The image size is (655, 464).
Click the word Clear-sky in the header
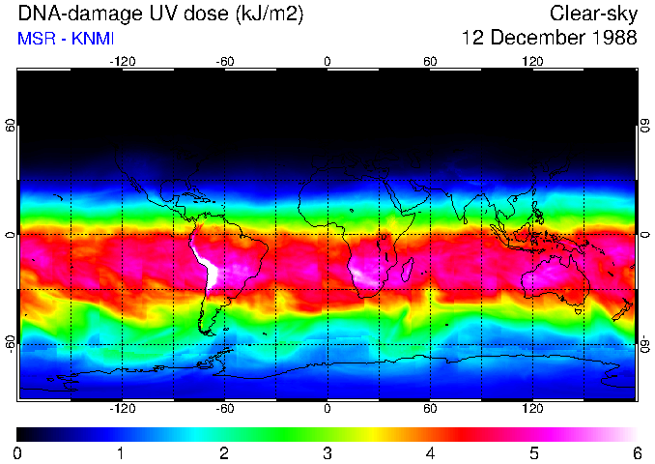[593, 14]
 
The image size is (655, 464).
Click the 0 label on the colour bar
[18, 452]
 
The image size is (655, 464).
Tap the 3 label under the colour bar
[327, 452]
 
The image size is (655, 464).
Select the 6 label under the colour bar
[636, 452]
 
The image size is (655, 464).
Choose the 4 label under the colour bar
[430, 452]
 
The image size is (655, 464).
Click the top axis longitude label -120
[122, 62]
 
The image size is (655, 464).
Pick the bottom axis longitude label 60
[430, 409]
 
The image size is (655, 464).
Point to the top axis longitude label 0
[327, 62]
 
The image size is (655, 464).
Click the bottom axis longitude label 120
[532, 409]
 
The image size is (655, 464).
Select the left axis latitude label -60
[12, 341]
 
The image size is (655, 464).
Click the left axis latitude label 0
[12, 235]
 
